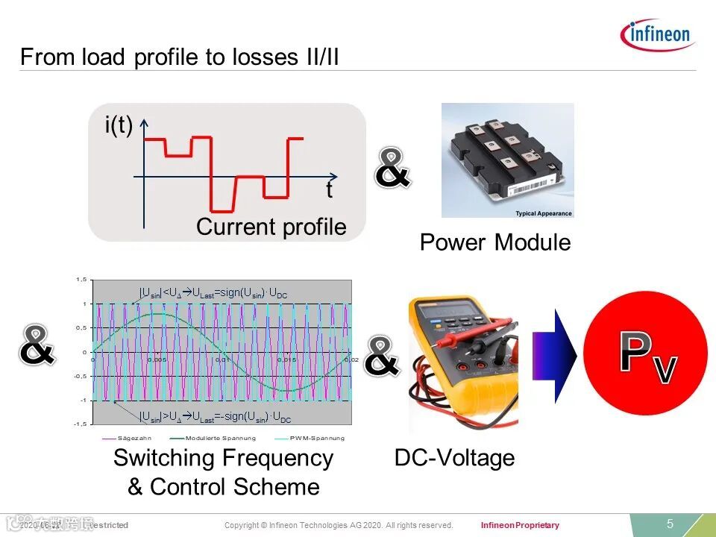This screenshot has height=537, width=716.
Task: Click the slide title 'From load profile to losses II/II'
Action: pyautogui.click(x=180, y=57)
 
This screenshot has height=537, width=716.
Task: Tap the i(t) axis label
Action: pyautogui.click(x=118, y=126)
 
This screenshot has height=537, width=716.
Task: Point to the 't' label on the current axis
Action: pyautogui.click(x=328, y=191)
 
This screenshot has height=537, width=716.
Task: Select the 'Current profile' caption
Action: pyautogui.click(x=271, y=227)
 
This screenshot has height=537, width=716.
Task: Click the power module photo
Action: pyautogui.click(x=507, y=160)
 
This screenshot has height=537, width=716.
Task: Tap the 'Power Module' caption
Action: pyautogui.click(x=494, y=242)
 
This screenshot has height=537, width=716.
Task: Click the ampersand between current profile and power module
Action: pyautogui.click(x=392, y=169)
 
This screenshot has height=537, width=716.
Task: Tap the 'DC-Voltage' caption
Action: pyautogui.click(x=454, y=457)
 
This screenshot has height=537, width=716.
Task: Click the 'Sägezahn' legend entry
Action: pyautogui.click(x=134, y=438)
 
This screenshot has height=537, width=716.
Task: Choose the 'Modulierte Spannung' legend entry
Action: pyautogui.click(x=221, y=438)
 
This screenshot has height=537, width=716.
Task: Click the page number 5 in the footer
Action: pyautogui.click(x=670, y=524)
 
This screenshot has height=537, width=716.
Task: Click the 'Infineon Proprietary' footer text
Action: pyautogui.click(x=520, y=526)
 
